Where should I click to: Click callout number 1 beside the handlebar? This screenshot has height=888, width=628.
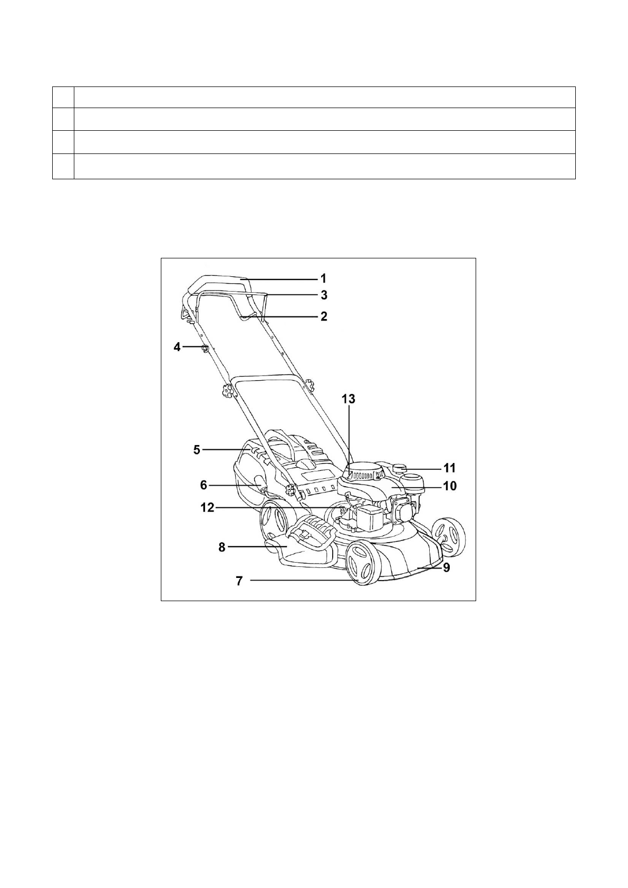324,279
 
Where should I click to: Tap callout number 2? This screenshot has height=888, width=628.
324,316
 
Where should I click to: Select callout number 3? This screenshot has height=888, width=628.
324,295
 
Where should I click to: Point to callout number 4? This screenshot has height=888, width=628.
177,348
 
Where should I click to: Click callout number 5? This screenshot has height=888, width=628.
197,450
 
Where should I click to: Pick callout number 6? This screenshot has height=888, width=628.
204,485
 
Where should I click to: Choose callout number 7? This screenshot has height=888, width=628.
239,581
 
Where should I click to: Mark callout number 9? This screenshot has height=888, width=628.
447,568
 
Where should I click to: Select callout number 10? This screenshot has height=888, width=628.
450,486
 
